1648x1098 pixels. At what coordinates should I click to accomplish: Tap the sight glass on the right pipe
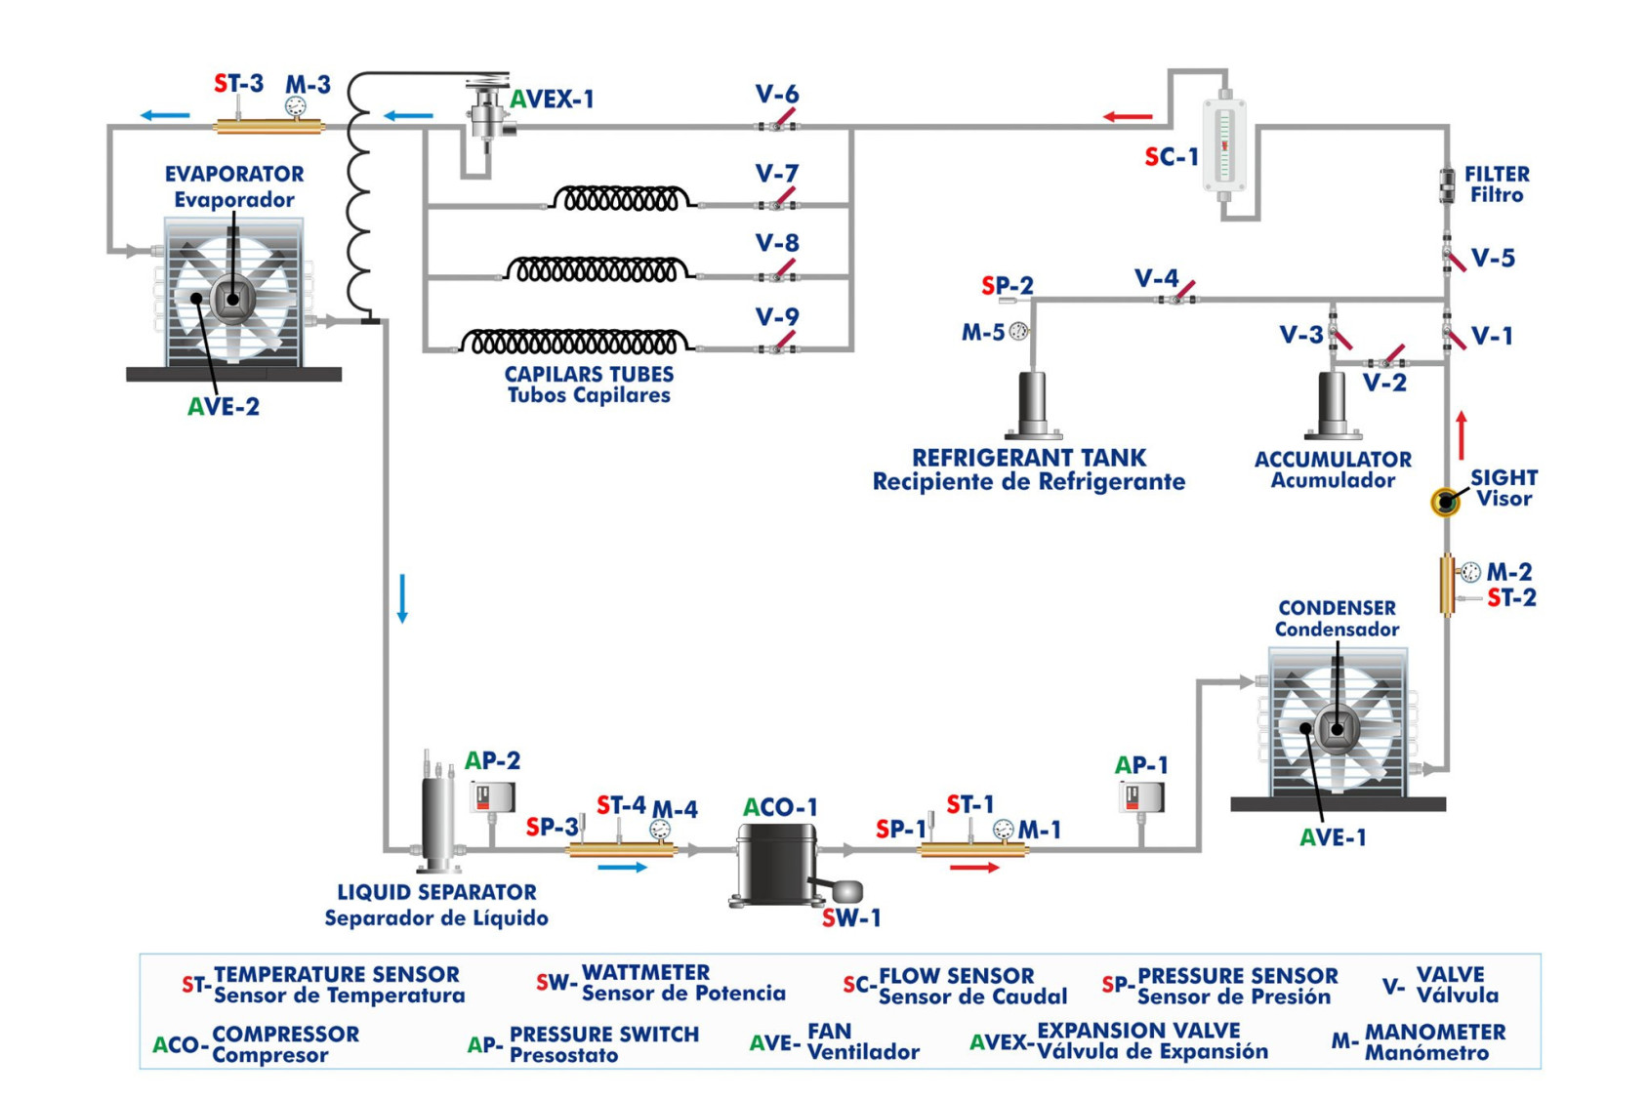pyautogui.click(x=1445, y=502)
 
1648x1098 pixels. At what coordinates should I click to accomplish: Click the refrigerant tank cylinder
pyautogui.click(x=1033, y=403)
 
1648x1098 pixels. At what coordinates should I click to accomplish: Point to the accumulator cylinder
pyautogui.click(x=1332, y=403)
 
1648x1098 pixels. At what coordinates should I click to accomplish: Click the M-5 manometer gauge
pyautogui.click(x=1018, y=332)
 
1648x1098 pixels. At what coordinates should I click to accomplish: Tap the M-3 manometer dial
pyautogui.click(x=295, y=106)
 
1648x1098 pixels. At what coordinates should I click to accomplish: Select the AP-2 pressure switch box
pyautogui.click(x=492, y=797)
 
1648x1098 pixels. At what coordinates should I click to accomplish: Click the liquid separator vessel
pyautogui.click(x=437, y=820)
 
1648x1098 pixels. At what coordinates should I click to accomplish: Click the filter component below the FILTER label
pyautogui.click(x=1446, y=184)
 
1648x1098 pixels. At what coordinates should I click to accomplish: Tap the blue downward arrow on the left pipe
pyautogui.click(x=402, y=598)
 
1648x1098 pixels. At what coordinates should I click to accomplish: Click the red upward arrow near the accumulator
pyautogui.click(x=1462, y=435)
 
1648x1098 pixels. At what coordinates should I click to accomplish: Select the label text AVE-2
pyautogui.click(x=224, y=407)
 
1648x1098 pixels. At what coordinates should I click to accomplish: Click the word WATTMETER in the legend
pyautogui.click(x=645, y=973)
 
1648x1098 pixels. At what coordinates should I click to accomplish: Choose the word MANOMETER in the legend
pyautogui.click(x=1434, y=1032)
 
